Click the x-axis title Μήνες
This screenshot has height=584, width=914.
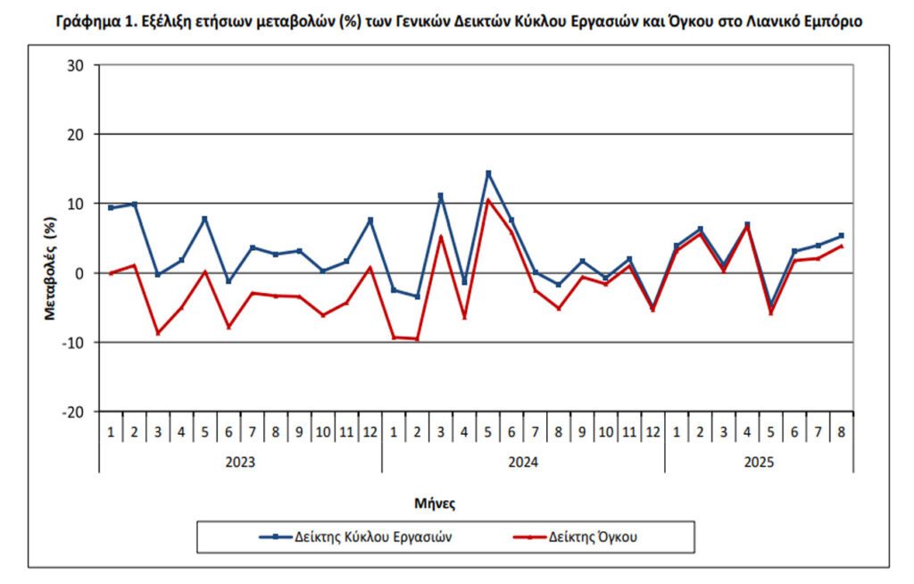point(435,503)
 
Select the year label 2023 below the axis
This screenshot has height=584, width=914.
point(240,463)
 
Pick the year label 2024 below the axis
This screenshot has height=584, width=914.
point(523,463)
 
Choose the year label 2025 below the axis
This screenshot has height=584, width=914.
point(759,463)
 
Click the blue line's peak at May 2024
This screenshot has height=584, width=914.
point(488,173)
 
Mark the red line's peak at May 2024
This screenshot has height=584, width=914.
point(488,200)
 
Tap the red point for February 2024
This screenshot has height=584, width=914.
point(417,339)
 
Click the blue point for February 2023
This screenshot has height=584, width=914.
point(134,204)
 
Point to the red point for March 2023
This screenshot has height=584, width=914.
point(158,333)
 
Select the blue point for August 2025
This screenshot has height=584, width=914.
point(842,236)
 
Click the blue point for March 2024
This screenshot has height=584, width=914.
point(441,196)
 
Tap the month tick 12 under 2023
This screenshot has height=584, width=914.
point(370,432)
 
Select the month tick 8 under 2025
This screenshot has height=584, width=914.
point(842,432)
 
